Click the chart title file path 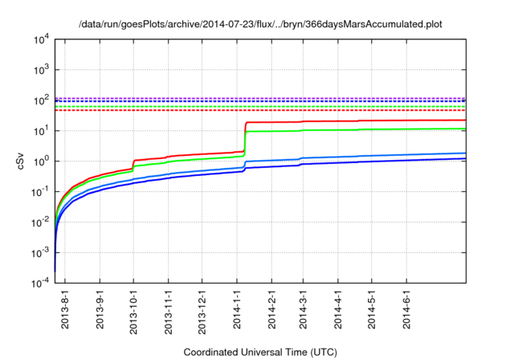click(260, 25)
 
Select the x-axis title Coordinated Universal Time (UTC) click(260, 352)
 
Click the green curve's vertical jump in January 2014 click(244, 145)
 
